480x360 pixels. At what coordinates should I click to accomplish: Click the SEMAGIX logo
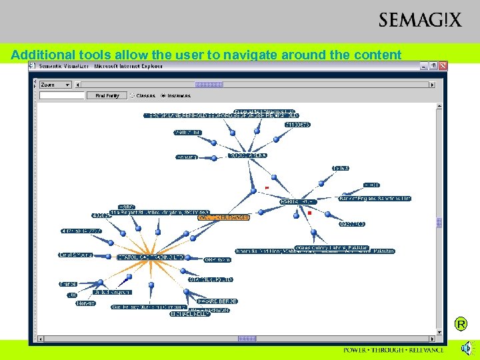[419, 20]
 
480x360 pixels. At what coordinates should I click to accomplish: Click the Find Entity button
[107, 96]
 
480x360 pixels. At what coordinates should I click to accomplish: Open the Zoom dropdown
[55, 85]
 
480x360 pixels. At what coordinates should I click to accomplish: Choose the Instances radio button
[163, 96]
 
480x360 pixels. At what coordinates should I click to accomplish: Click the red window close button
[443, 66]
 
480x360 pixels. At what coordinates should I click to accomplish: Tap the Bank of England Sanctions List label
[375, 199]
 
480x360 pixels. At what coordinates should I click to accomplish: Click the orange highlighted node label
[223, 217]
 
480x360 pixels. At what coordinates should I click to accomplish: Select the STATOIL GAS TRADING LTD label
[151, 257]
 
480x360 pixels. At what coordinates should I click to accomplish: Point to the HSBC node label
[126, 207]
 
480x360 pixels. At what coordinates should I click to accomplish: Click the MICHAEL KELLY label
[191, 313]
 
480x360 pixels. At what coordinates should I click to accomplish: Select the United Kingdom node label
[111, 292]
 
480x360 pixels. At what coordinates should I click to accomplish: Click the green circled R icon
[461, 325]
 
